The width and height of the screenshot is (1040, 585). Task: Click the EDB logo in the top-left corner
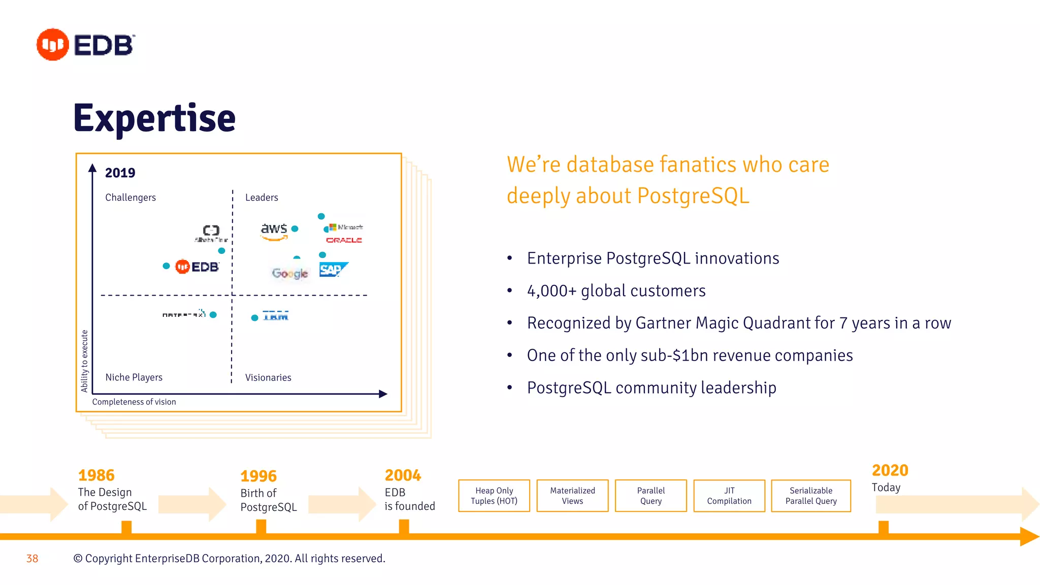(x=85, y=45)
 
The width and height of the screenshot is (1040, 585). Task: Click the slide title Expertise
(x=154, y=118)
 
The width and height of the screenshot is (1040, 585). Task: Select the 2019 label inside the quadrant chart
(x=120, y=173)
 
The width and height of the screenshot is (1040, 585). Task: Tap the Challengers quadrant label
(x=131, y=198)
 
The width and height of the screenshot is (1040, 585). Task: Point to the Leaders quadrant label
(x=262, y=198)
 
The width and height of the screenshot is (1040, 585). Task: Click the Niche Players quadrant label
(x=134, y=377)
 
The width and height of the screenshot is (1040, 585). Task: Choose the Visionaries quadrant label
(x=268, y=378)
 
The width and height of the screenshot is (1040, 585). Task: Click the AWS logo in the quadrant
(x=274, y=230)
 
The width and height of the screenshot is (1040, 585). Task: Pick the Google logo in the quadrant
(x=290, y=273)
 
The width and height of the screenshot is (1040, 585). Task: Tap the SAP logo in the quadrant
(x=333, y=270)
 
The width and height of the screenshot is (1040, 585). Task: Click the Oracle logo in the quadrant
(x=344, y=240)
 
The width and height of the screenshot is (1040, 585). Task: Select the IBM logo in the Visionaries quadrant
(x=276, y=316)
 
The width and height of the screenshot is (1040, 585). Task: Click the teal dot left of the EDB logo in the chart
(x=166, y=266)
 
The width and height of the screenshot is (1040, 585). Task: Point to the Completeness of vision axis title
(x=134, y=402)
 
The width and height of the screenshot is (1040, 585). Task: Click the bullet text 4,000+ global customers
(x=616, y=291)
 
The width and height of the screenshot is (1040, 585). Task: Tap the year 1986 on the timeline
(x=96, y=475)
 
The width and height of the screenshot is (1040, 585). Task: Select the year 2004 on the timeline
(x=403, y=475)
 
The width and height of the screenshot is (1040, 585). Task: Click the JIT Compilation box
(x=729, y=496)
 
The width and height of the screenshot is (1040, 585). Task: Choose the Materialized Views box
(x=572, y=496)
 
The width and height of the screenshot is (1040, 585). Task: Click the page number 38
(x=32, y=559)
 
